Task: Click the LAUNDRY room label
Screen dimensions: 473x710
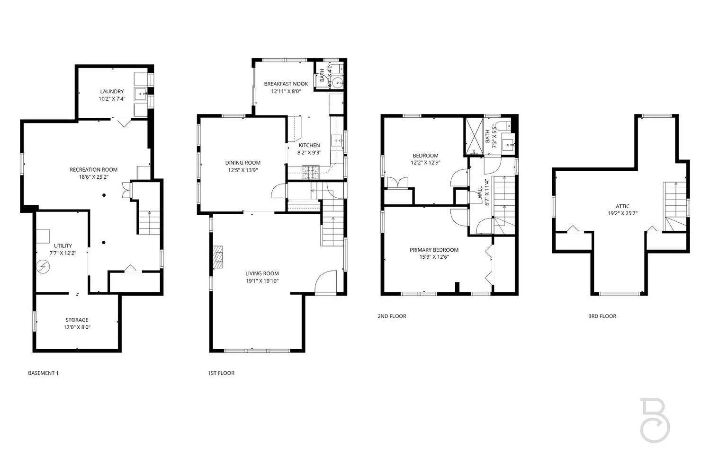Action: (x=112, y=91)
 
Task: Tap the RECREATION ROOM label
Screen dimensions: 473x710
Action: (x=93, y=169)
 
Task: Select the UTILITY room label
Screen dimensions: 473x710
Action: (x=63, y=245)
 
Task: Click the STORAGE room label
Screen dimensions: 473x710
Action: (x=77, y=320)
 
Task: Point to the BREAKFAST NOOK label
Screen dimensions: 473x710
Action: (x=286, y=84)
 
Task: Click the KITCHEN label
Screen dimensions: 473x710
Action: (x=309, y=145)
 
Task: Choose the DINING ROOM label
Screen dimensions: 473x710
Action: (x=243, y=163)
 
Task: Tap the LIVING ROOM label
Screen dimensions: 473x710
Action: (x=262, y=273)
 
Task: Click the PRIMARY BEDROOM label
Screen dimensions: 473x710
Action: (x=434, y=250)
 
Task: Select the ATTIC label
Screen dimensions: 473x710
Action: (x=622, y=206)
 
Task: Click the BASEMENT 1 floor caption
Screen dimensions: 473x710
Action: (x=43, y=373)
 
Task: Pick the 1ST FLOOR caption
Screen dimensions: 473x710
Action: (x=221, y=373)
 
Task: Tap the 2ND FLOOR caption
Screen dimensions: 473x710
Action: (x=392, y=316)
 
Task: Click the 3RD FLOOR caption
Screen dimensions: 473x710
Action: (x=602, y=316)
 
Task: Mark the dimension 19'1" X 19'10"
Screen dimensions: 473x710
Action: (x=262, y=281)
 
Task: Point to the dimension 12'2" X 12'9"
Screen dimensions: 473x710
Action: (x=425, y=163)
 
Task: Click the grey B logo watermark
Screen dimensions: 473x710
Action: (x=655, y=420)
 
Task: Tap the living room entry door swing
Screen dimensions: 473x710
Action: (x=326, y=282)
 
